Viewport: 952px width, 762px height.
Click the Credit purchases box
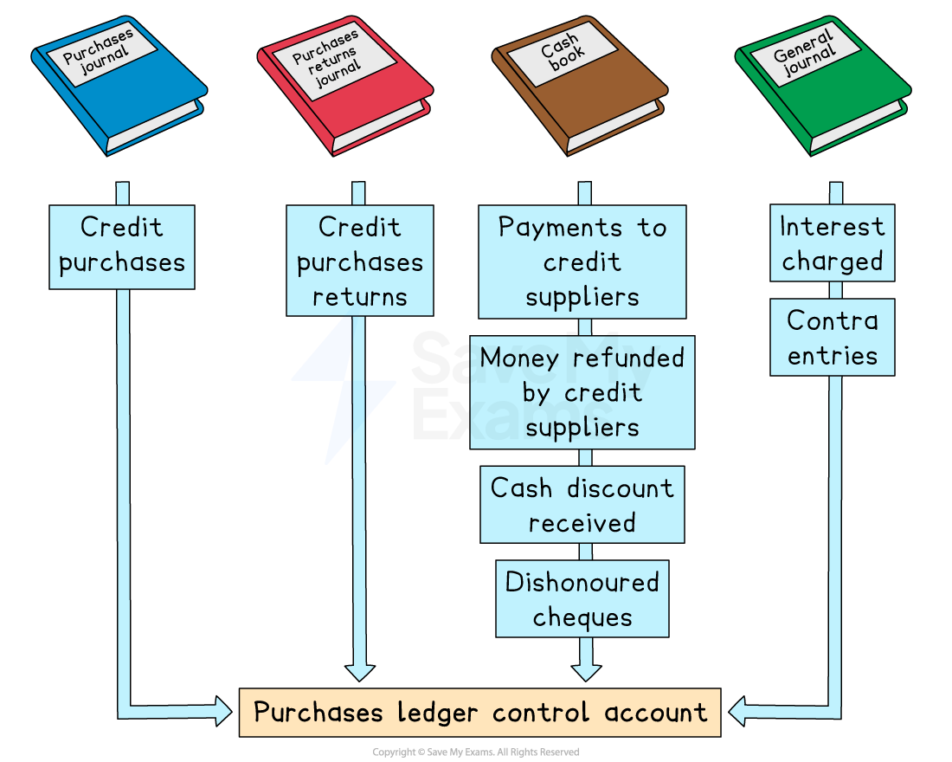click(121, 246)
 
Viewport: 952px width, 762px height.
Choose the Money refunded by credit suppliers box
click(582, 392)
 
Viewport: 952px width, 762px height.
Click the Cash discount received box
click(582, 505)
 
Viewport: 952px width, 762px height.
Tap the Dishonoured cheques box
click(582, 599)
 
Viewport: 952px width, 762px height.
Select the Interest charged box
click(832, 243)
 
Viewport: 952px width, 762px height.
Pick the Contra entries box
click(832, 338)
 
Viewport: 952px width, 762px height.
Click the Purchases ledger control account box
click(479, 713)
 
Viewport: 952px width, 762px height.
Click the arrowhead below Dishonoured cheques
click(586, 670)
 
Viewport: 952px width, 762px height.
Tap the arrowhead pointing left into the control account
click(738, 713)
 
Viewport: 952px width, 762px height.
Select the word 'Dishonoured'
click(582, 582)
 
